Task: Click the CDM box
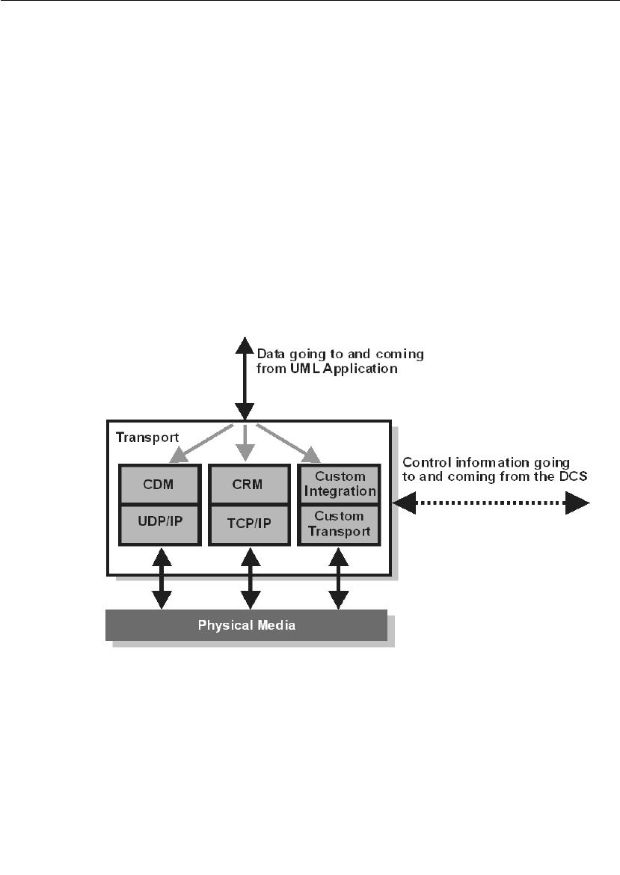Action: click(159, 484)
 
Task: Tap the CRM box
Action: click(248, 484)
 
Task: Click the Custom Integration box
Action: click(339, 484)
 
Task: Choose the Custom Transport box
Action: click(339, 524)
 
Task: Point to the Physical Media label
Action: click(246, 625)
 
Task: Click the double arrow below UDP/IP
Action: click(161, 578)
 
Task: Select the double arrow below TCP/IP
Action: click(250, 578)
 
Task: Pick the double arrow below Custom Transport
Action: click(339, 578)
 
